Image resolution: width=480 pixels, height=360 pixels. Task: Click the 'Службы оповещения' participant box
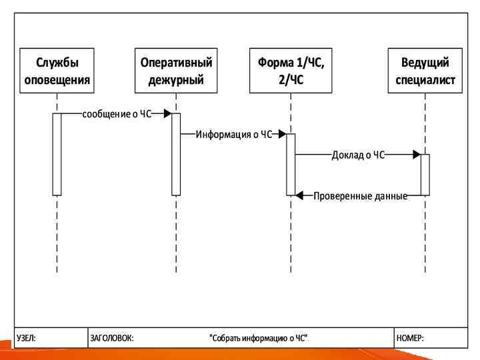(x=57, y=71)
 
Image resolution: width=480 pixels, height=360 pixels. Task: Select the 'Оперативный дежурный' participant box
(x=176, y=71)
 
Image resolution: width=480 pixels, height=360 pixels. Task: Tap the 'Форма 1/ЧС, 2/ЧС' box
(x=291, y=71)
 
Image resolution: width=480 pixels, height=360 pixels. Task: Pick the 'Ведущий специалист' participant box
(x=425, y=71)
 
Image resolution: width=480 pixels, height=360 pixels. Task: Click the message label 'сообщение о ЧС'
(x=117, y=114)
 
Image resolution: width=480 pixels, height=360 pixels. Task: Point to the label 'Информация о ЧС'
(x=234, y=135)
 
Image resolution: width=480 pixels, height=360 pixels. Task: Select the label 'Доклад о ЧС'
(x=359, y=155)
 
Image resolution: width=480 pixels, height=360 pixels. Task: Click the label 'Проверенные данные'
(x=360, y=196)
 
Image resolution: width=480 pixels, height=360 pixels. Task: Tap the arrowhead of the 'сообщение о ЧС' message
(x=167, y=114)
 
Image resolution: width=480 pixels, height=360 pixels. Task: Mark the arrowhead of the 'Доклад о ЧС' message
(x=416, y=155)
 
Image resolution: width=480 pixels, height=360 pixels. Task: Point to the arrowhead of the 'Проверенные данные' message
(x=299, y=195)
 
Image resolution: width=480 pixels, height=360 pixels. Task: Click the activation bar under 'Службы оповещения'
(x=57, y=154)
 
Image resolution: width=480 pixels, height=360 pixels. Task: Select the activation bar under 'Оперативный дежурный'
(x=176, y=154)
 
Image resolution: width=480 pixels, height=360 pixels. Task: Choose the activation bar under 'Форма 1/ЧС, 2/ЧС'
(x=291, y=165)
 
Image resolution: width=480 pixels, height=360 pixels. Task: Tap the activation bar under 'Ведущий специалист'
(x=425, y=175)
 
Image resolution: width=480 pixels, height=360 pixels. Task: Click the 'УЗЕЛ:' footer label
(x=27, y=338)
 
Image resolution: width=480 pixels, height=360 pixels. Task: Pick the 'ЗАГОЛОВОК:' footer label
(x=111, y=338)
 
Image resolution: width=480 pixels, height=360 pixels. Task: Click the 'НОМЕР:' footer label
(x=410, y=338)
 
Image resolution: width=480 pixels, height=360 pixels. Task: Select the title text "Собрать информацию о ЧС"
(x=259, y=338)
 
